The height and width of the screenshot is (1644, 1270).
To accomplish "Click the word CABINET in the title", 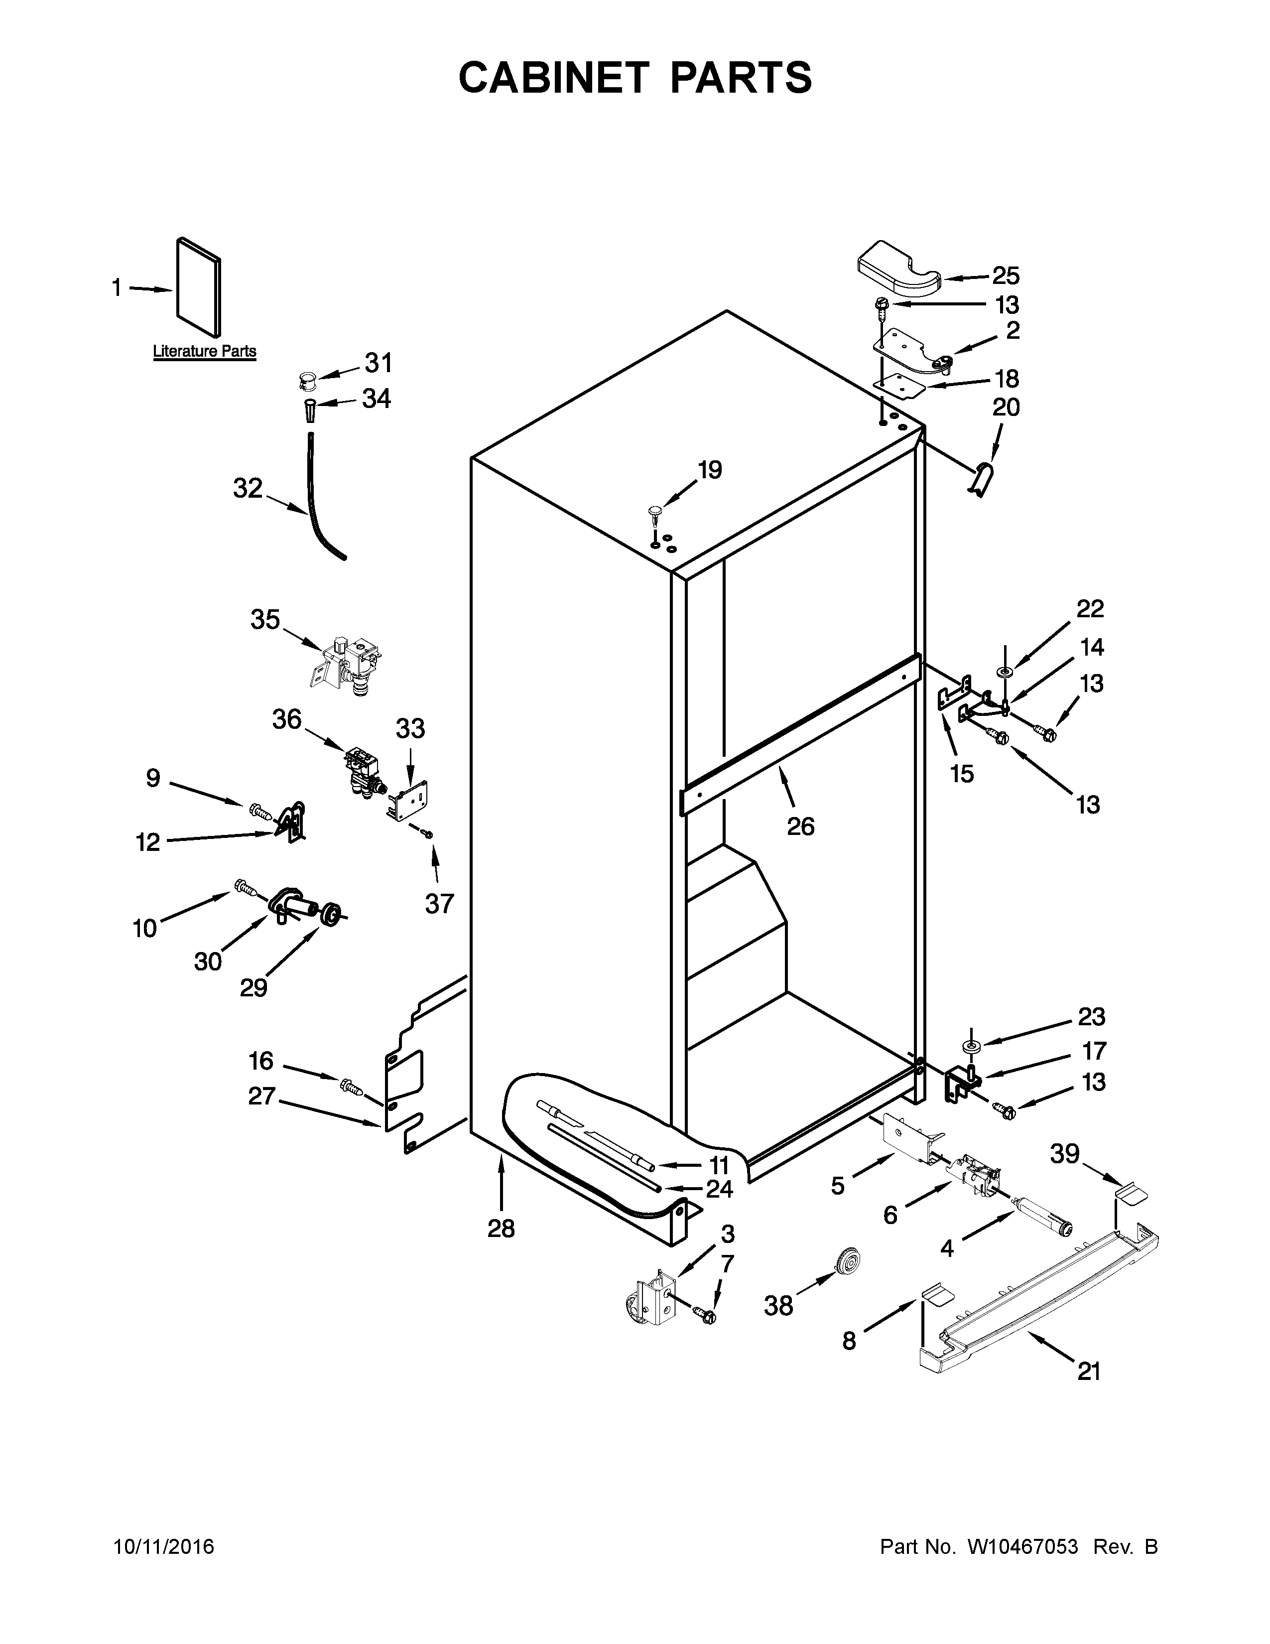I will click(553, 78).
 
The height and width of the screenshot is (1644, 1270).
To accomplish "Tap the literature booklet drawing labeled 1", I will click(199, 287).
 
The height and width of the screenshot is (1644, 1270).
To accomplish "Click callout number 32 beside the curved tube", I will click(248, 489).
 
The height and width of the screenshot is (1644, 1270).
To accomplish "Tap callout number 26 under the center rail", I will click(800, 826).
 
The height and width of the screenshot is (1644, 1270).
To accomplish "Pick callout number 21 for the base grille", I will click(1089, 1371).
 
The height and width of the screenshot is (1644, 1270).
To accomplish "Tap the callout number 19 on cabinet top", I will click(710, 470).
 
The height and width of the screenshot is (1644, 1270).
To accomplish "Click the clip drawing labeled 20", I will click(980, 479).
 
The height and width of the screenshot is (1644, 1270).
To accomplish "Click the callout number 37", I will click(439, 903).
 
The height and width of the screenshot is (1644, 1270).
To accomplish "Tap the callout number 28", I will click(501, 1229).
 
